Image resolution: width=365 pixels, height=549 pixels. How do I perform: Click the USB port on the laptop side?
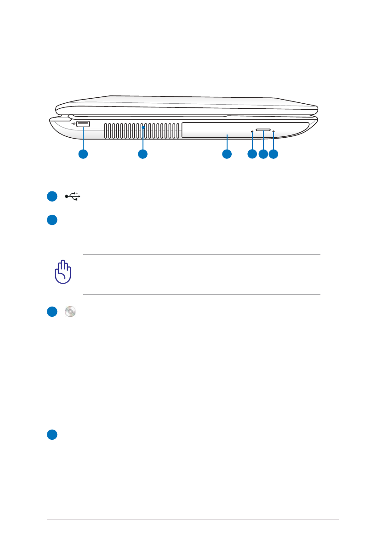(83, 123)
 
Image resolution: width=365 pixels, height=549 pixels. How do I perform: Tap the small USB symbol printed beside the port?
(74, 123)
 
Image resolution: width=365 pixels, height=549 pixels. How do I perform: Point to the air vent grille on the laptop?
(142, 130)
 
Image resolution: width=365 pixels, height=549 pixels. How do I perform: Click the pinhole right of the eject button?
(274, 132)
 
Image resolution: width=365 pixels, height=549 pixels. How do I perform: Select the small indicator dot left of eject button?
(252, 132)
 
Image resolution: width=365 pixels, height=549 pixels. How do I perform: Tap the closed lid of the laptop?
(184, 105)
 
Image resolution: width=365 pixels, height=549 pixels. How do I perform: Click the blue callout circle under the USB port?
(83, 155)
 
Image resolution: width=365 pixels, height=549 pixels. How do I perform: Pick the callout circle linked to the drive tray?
(227, 155)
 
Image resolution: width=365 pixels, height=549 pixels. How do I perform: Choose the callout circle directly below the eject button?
(263, 155)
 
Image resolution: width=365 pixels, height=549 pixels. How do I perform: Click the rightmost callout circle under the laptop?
(274, 155)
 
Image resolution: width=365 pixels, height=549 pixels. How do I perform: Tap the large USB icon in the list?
(73, 196)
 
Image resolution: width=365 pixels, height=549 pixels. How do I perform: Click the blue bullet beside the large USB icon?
(51, 196)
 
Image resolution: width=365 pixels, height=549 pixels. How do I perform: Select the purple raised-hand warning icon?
(63, 273)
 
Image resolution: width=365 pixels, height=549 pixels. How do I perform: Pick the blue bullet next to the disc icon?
(51, 312)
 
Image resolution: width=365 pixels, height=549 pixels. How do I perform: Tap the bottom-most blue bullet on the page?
(51, 434)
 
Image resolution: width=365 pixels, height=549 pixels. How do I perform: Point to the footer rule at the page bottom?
(193, 520)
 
